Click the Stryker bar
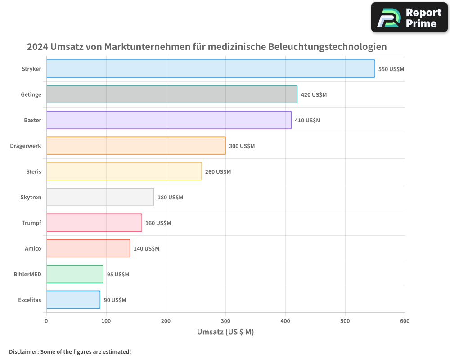click(211, 69)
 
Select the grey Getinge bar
click(171, 94)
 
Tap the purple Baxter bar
click(169, 120)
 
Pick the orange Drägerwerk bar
click(136, 146)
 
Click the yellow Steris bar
click(124, 171)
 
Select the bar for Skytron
click(100, 197)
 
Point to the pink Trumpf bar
click(94, 223)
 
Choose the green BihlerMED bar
click(75, 274)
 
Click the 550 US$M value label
click(391, 69)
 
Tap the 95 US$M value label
click(118, 274)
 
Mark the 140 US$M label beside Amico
click(146, 249)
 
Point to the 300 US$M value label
click(242, 146)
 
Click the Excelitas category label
click(30, 300)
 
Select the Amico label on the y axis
click(33, 248)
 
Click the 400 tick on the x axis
click(285, 321)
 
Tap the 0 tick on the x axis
click(46, 321)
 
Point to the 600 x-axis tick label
click(405, 321)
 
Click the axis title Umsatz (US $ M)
click(225, 332)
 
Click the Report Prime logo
click(409, 18)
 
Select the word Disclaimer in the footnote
click(23, 351)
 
